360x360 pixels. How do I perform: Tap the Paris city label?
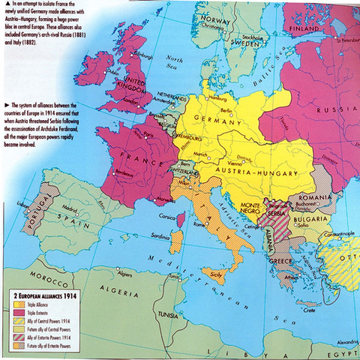click(x=157, y=136)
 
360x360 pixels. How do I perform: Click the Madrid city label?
click(x=70, y=209)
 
